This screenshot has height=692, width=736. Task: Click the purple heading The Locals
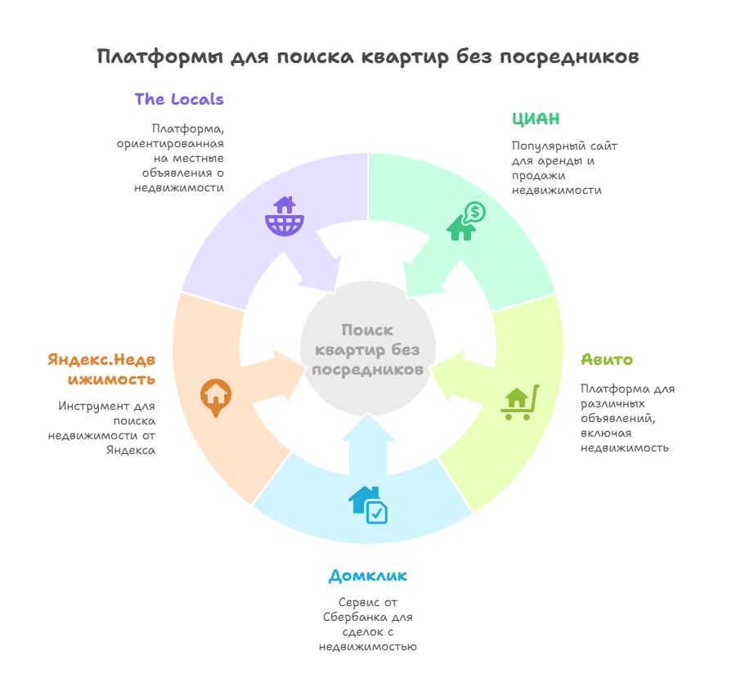179,99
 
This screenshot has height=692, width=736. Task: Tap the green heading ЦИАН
536,119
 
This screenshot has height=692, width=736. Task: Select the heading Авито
607,360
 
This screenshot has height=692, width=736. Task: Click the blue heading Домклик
367,576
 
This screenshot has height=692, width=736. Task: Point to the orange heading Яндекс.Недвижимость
101,370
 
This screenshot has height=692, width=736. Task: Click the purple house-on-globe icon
285,216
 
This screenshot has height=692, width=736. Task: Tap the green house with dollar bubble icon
465,221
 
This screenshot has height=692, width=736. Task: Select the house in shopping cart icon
520,402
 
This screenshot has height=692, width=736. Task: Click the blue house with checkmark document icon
368,506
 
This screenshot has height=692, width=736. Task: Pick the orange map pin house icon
216,398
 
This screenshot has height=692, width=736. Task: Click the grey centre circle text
367,350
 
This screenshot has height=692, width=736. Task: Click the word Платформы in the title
160,56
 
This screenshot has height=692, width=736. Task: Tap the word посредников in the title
569,56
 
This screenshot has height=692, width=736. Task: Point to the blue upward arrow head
368,427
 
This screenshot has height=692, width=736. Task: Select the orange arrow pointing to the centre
273,376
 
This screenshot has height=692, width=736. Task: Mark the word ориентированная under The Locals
170,144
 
